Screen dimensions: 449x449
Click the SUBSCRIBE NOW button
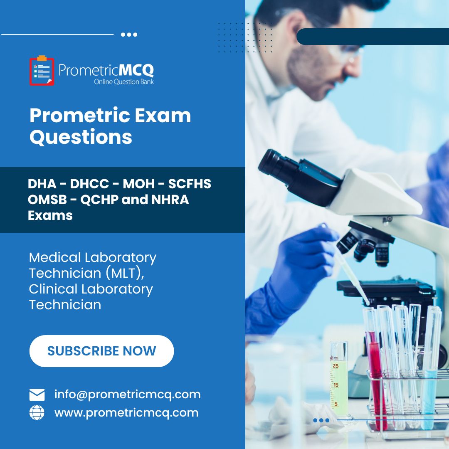[x=101, y=351]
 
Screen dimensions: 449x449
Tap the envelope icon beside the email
[x=37, y=395]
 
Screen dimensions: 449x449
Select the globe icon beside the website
[x=37, y=413]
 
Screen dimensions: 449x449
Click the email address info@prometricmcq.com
[x=127, y=395]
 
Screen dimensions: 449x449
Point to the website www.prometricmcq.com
[x=126, y=413]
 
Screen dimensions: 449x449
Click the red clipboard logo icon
[x=42, y=71]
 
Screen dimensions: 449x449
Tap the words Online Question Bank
[x=124, y=81]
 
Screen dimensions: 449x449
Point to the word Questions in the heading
[x=81, y=137]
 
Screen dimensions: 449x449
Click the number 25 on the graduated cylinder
[x=335, y=366]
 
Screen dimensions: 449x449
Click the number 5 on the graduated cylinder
[x=336, y=404]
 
